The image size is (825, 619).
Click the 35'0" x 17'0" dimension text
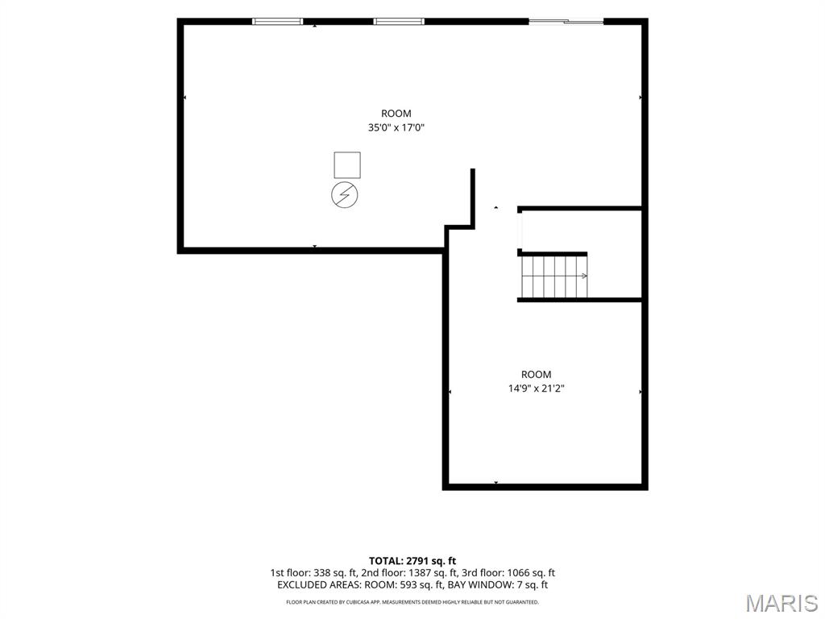coord(396,127)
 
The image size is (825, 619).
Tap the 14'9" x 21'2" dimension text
coord(536,388)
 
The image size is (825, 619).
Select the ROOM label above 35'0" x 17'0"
coord(396,113)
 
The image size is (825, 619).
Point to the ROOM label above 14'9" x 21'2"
coord(536,374)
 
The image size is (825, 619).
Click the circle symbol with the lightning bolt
coord(345,195)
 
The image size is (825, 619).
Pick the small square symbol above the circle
coord(347,165)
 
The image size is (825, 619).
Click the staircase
coord(554,276)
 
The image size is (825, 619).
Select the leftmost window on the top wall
coord(277,22)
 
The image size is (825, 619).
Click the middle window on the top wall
coord(399,22)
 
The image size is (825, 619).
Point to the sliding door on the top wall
coord(566,22)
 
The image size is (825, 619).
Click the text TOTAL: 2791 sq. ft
coord(412,561)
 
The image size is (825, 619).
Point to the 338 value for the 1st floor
coord(322,573)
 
